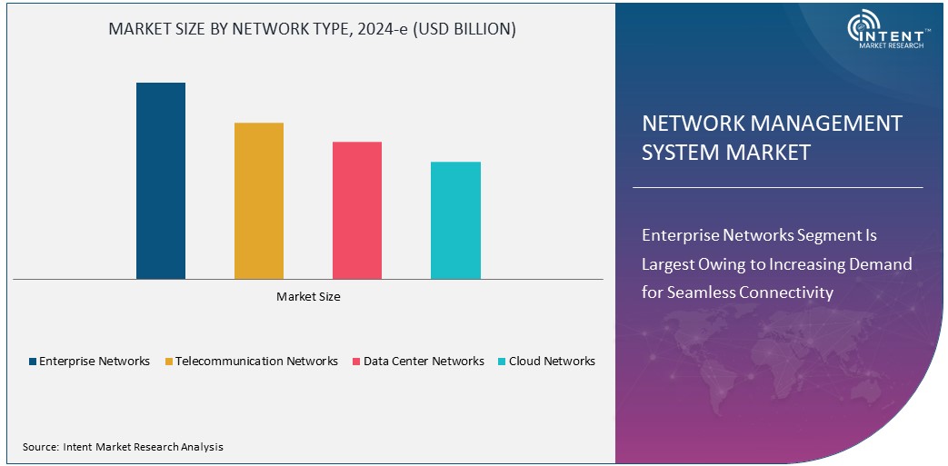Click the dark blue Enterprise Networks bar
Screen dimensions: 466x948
pos(161,181)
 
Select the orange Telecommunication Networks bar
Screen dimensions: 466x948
pos(259,201)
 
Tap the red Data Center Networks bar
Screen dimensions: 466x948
pos(357,210)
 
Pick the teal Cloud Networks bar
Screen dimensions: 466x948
pos(455,220)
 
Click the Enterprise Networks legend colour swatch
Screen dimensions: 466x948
pos(33,362)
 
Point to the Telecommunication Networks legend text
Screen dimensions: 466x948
pos(256,362)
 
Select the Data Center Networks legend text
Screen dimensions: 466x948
pos(424,362)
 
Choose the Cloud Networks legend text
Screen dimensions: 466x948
pos(552,362)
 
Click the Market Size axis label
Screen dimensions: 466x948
pos(308,296)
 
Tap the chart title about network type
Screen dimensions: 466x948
pos(312,29)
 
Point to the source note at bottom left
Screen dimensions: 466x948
pos(123,447)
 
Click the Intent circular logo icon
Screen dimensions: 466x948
pos(863,28)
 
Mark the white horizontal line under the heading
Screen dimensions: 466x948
pos(777,188)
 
